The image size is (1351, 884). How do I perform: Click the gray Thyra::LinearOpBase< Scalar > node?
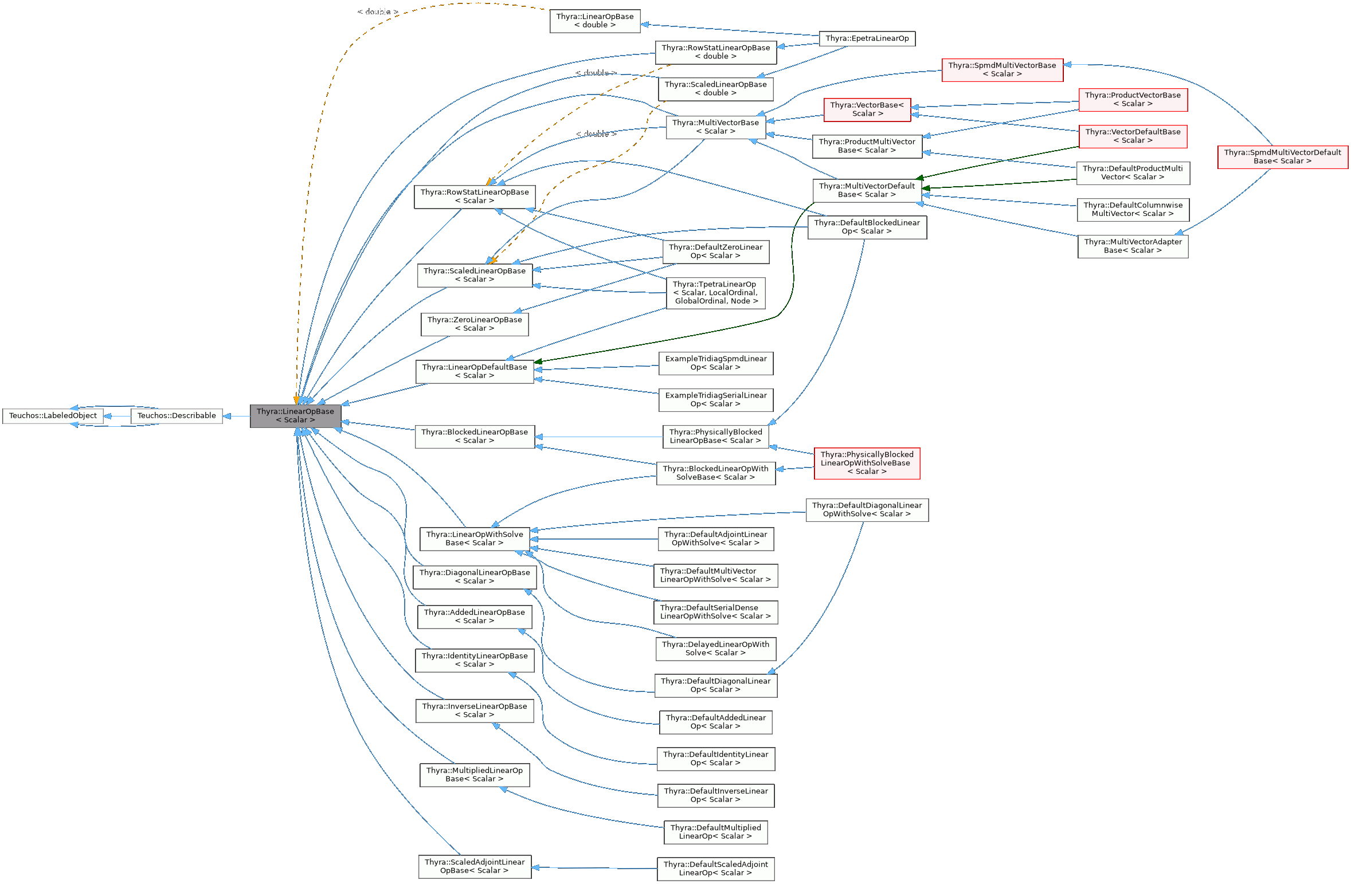pos(295,415)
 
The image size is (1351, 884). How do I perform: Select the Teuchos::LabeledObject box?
pos(53,416)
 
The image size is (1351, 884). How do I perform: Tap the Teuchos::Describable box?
pos(177,416)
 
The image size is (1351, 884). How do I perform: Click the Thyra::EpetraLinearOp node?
pos(867,38)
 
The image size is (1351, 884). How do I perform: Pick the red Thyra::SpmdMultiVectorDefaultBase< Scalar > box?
pos(1282,157)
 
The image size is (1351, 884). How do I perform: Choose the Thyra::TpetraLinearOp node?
pos(715,293)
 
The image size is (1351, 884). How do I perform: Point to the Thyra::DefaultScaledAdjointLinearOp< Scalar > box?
pos(715,869)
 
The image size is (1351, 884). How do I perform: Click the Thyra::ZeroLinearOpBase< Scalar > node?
pos(475,324)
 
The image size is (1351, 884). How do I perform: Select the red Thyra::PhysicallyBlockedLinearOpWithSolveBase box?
pos(867,463)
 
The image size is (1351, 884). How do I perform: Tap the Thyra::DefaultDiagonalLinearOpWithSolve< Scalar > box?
pos(867,510)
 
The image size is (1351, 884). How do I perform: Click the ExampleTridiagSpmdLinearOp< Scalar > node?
pos(715,363)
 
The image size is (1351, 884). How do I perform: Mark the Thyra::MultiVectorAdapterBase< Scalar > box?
pos(1133,246)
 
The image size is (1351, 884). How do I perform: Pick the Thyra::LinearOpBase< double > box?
pos(594,21)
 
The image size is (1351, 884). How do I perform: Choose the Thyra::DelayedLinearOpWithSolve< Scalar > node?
pos(715,649)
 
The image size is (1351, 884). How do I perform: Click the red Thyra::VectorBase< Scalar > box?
pos(867,109)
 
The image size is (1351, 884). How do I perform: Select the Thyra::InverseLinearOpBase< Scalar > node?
pos(475,710)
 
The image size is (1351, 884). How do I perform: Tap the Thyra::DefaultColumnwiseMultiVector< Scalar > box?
pos(1133,210)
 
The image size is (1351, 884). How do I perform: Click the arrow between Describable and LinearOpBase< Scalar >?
pos(236,416)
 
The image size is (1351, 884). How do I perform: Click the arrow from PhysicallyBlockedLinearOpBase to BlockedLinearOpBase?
pos(599,437)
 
